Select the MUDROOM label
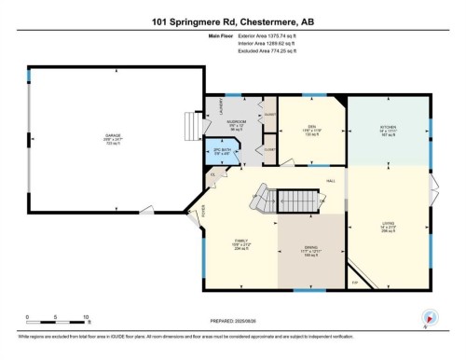(237, 122)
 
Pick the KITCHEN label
(390, 129)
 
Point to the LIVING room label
(390, 224)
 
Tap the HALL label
(330, 180)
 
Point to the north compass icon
(430, 317)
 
